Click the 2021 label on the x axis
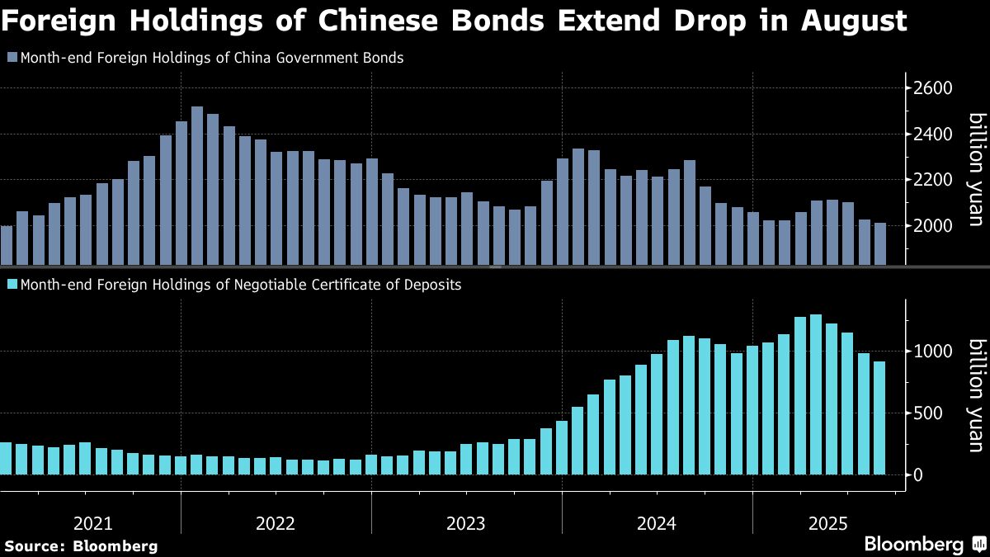92,523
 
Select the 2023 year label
466,523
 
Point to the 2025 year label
827,523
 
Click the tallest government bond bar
196,186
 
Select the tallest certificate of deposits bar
816,394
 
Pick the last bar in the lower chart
879,418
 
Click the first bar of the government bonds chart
7,245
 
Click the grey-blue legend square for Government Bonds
12,59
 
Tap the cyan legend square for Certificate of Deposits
12,285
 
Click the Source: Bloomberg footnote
81,545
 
